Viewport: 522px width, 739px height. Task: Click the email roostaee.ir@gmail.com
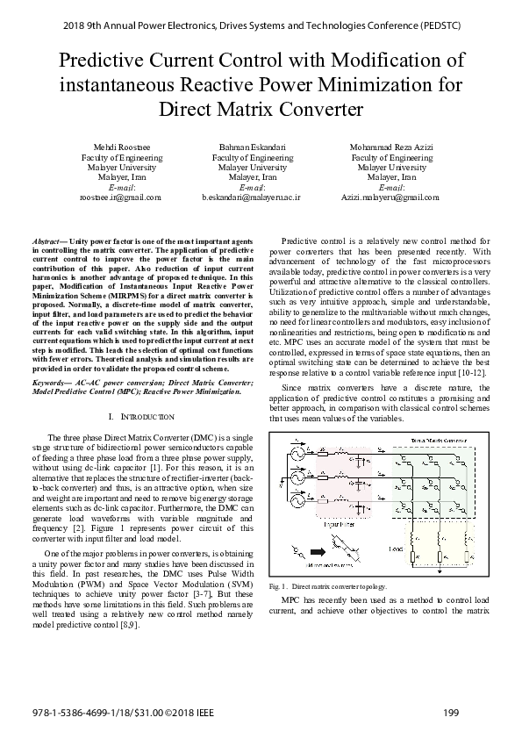coord(120,197)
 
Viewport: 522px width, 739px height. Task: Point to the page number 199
coord(452,711)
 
